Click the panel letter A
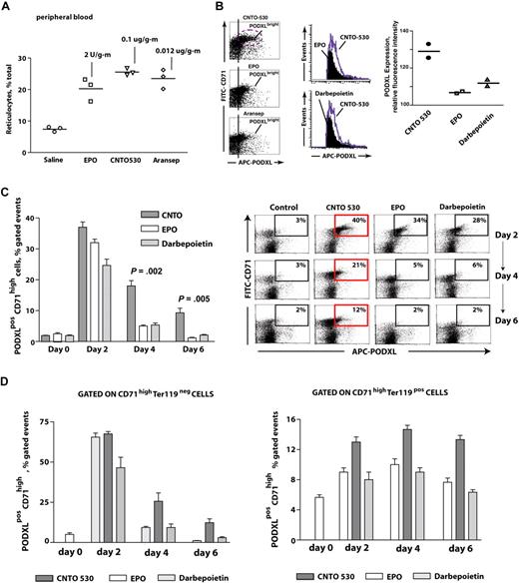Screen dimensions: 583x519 pyautogui.click(x=8, y=7)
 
